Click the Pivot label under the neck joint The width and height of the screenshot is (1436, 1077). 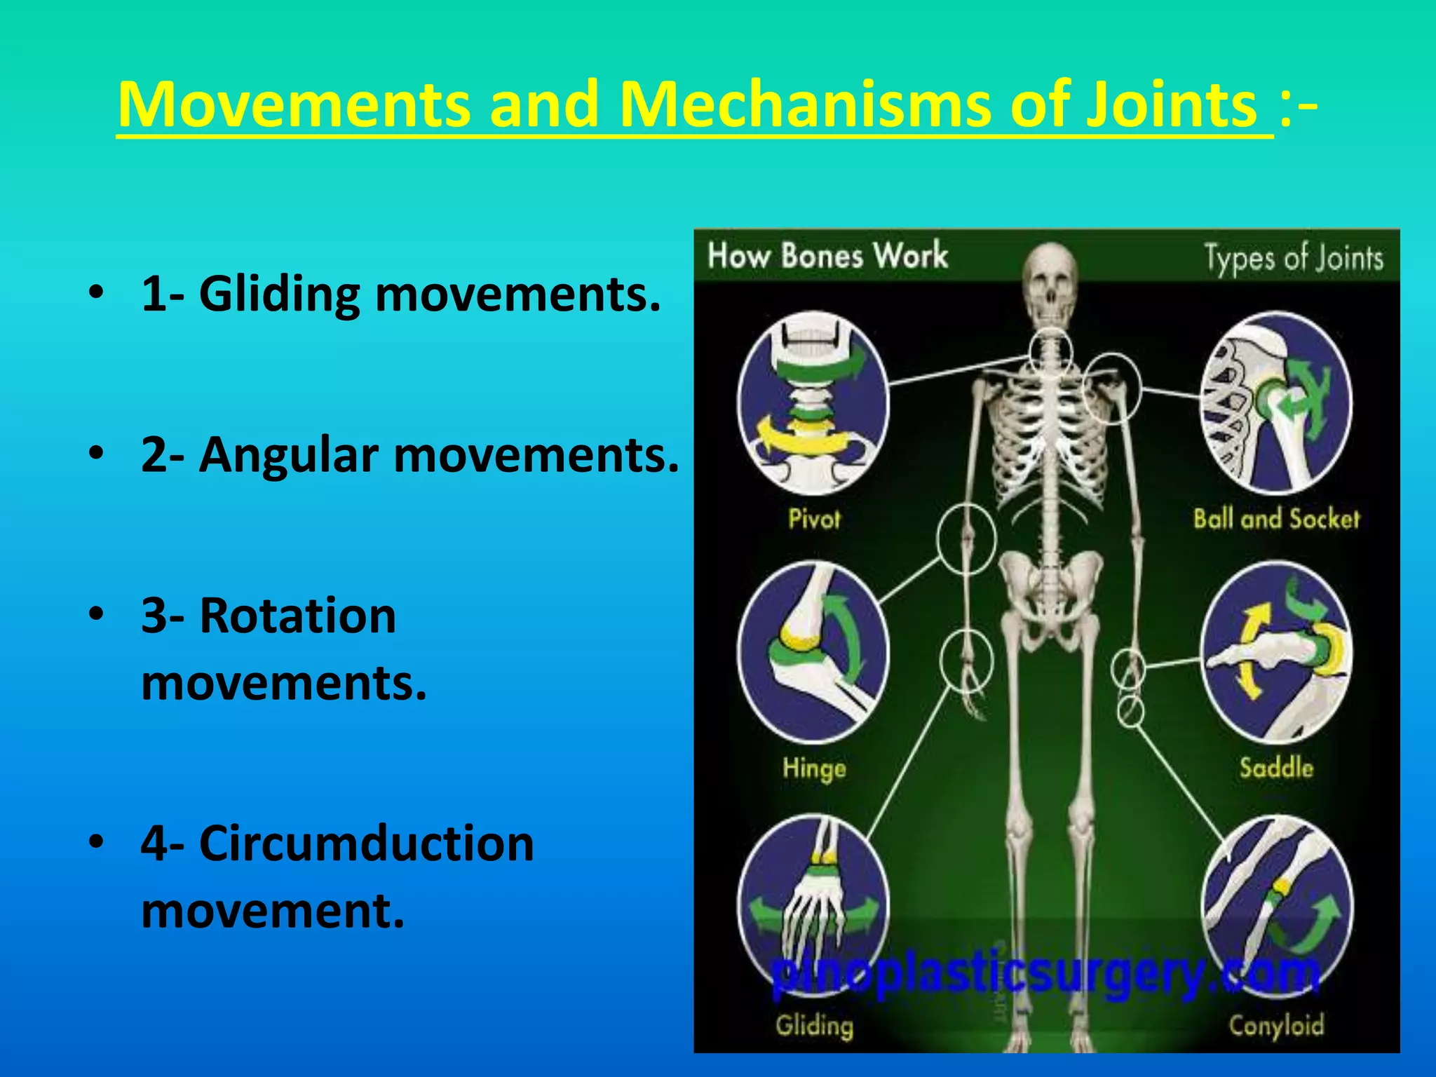813,519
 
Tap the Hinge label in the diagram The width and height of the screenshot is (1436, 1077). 814,768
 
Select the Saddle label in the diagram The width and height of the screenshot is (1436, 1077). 1276,767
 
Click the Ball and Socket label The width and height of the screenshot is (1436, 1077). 1276,519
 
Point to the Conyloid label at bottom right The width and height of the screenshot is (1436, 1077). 1276,1025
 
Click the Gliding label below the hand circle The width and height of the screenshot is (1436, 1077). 814,1026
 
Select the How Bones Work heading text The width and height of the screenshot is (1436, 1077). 827,255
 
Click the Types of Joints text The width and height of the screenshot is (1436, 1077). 1294,258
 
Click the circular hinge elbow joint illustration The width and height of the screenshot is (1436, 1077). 813,652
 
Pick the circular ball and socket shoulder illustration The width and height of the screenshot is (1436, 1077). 1276,403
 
